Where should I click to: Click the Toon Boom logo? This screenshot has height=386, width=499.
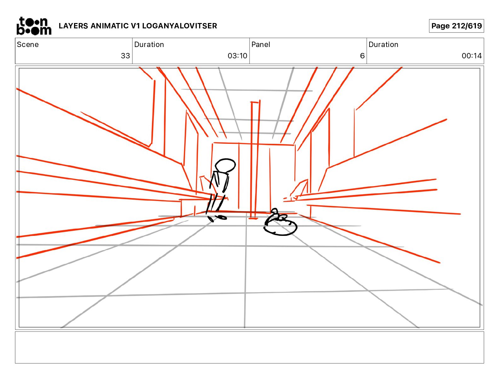34,26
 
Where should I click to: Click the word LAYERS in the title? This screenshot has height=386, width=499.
73,26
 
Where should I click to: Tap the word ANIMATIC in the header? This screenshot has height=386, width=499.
110,26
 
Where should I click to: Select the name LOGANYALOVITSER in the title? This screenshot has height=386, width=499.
179,26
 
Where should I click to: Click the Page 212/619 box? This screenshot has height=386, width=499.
456,26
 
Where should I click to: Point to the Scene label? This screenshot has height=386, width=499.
28,44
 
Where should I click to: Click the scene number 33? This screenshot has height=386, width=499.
125,56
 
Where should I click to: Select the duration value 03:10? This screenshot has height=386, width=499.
237,56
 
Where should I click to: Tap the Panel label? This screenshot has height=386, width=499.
261,44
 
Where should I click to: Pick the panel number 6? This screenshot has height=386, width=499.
362,56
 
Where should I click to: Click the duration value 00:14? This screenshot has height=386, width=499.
472,56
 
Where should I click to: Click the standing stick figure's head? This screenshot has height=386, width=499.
225,166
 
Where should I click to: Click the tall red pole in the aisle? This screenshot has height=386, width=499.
255,160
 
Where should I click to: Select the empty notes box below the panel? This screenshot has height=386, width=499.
249,348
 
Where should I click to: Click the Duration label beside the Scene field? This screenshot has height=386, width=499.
149,44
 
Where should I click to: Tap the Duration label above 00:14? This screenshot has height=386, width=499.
383,44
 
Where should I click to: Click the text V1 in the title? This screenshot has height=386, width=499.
135,26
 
